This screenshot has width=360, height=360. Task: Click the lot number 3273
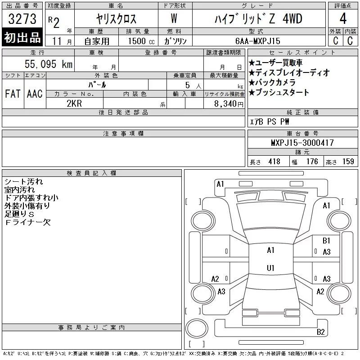click(x=22, y=18)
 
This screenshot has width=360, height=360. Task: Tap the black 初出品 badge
click(x=22, y=37)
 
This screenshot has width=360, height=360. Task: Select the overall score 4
click(x=343, y=18)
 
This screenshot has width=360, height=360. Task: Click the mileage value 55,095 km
click(x=49, y=64)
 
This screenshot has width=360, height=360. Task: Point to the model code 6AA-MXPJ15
click(x=258, y=41)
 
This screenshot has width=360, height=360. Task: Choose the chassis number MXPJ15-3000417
click(x=302, y=143)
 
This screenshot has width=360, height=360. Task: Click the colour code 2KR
click(x=74, y=103)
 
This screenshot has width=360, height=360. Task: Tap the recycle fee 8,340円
click(x=229, y=104)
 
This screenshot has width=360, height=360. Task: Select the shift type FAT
click(x=13, y=94)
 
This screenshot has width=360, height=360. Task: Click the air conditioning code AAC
click(x=35, y=94)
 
